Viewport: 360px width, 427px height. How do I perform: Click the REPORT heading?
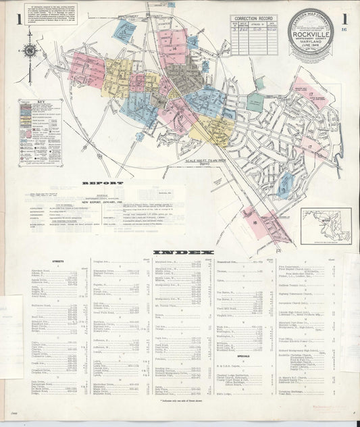(102, 183)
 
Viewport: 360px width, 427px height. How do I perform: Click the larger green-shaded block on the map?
(254, 102)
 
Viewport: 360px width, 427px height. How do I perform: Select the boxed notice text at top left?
(51, 14)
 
